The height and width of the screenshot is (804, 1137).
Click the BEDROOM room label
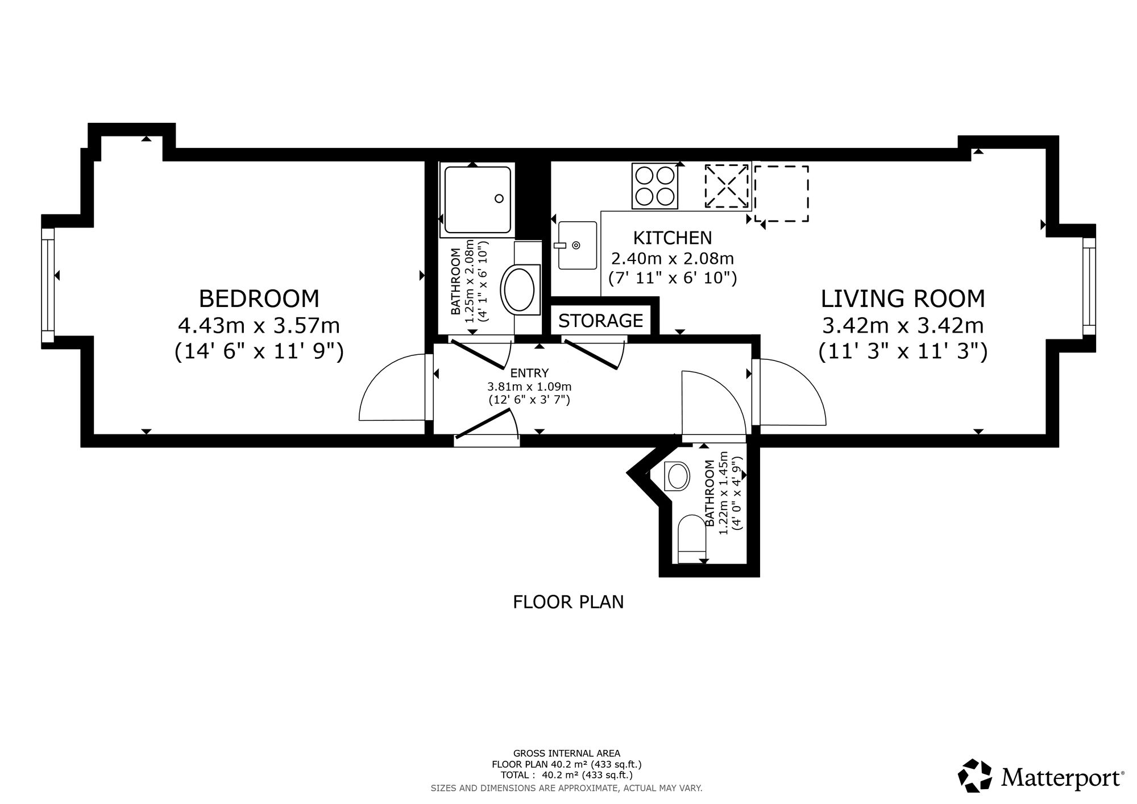tap(259, 299)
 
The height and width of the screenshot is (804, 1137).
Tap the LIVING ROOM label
tap(903, 299)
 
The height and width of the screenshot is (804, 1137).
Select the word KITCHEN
tap(673, 237)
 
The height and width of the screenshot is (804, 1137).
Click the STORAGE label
tap(601, 321)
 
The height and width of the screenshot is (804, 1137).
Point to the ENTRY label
tap(529, 373)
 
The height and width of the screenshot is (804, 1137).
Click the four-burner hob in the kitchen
tap(655, 185)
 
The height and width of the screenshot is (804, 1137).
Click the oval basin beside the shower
tap(518, 289)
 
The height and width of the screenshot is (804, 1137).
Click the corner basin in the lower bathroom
tap(677, 476)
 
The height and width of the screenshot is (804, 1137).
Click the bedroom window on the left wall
tap(48, 285)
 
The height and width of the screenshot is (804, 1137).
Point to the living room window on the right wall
tap(1089, 287)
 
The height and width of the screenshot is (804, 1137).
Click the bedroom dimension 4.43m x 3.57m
tap(259, 326)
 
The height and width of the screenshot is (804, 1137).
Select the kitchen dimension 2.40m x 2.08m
tap(673, 259)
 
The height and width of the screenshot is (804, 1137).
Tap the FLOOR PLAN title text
tap(568, 602)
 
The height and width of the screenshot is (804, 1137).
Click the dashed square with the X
tap(727, 186)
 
